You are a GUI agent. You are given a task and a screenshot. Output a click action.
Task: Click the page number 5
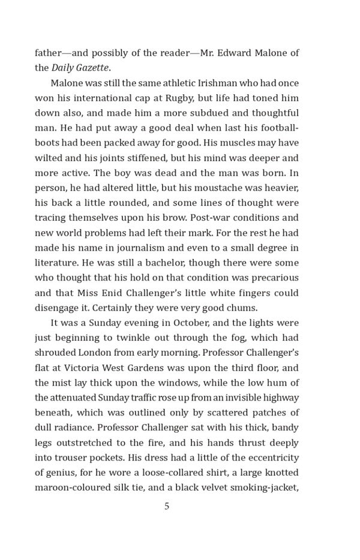(167, 506)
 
